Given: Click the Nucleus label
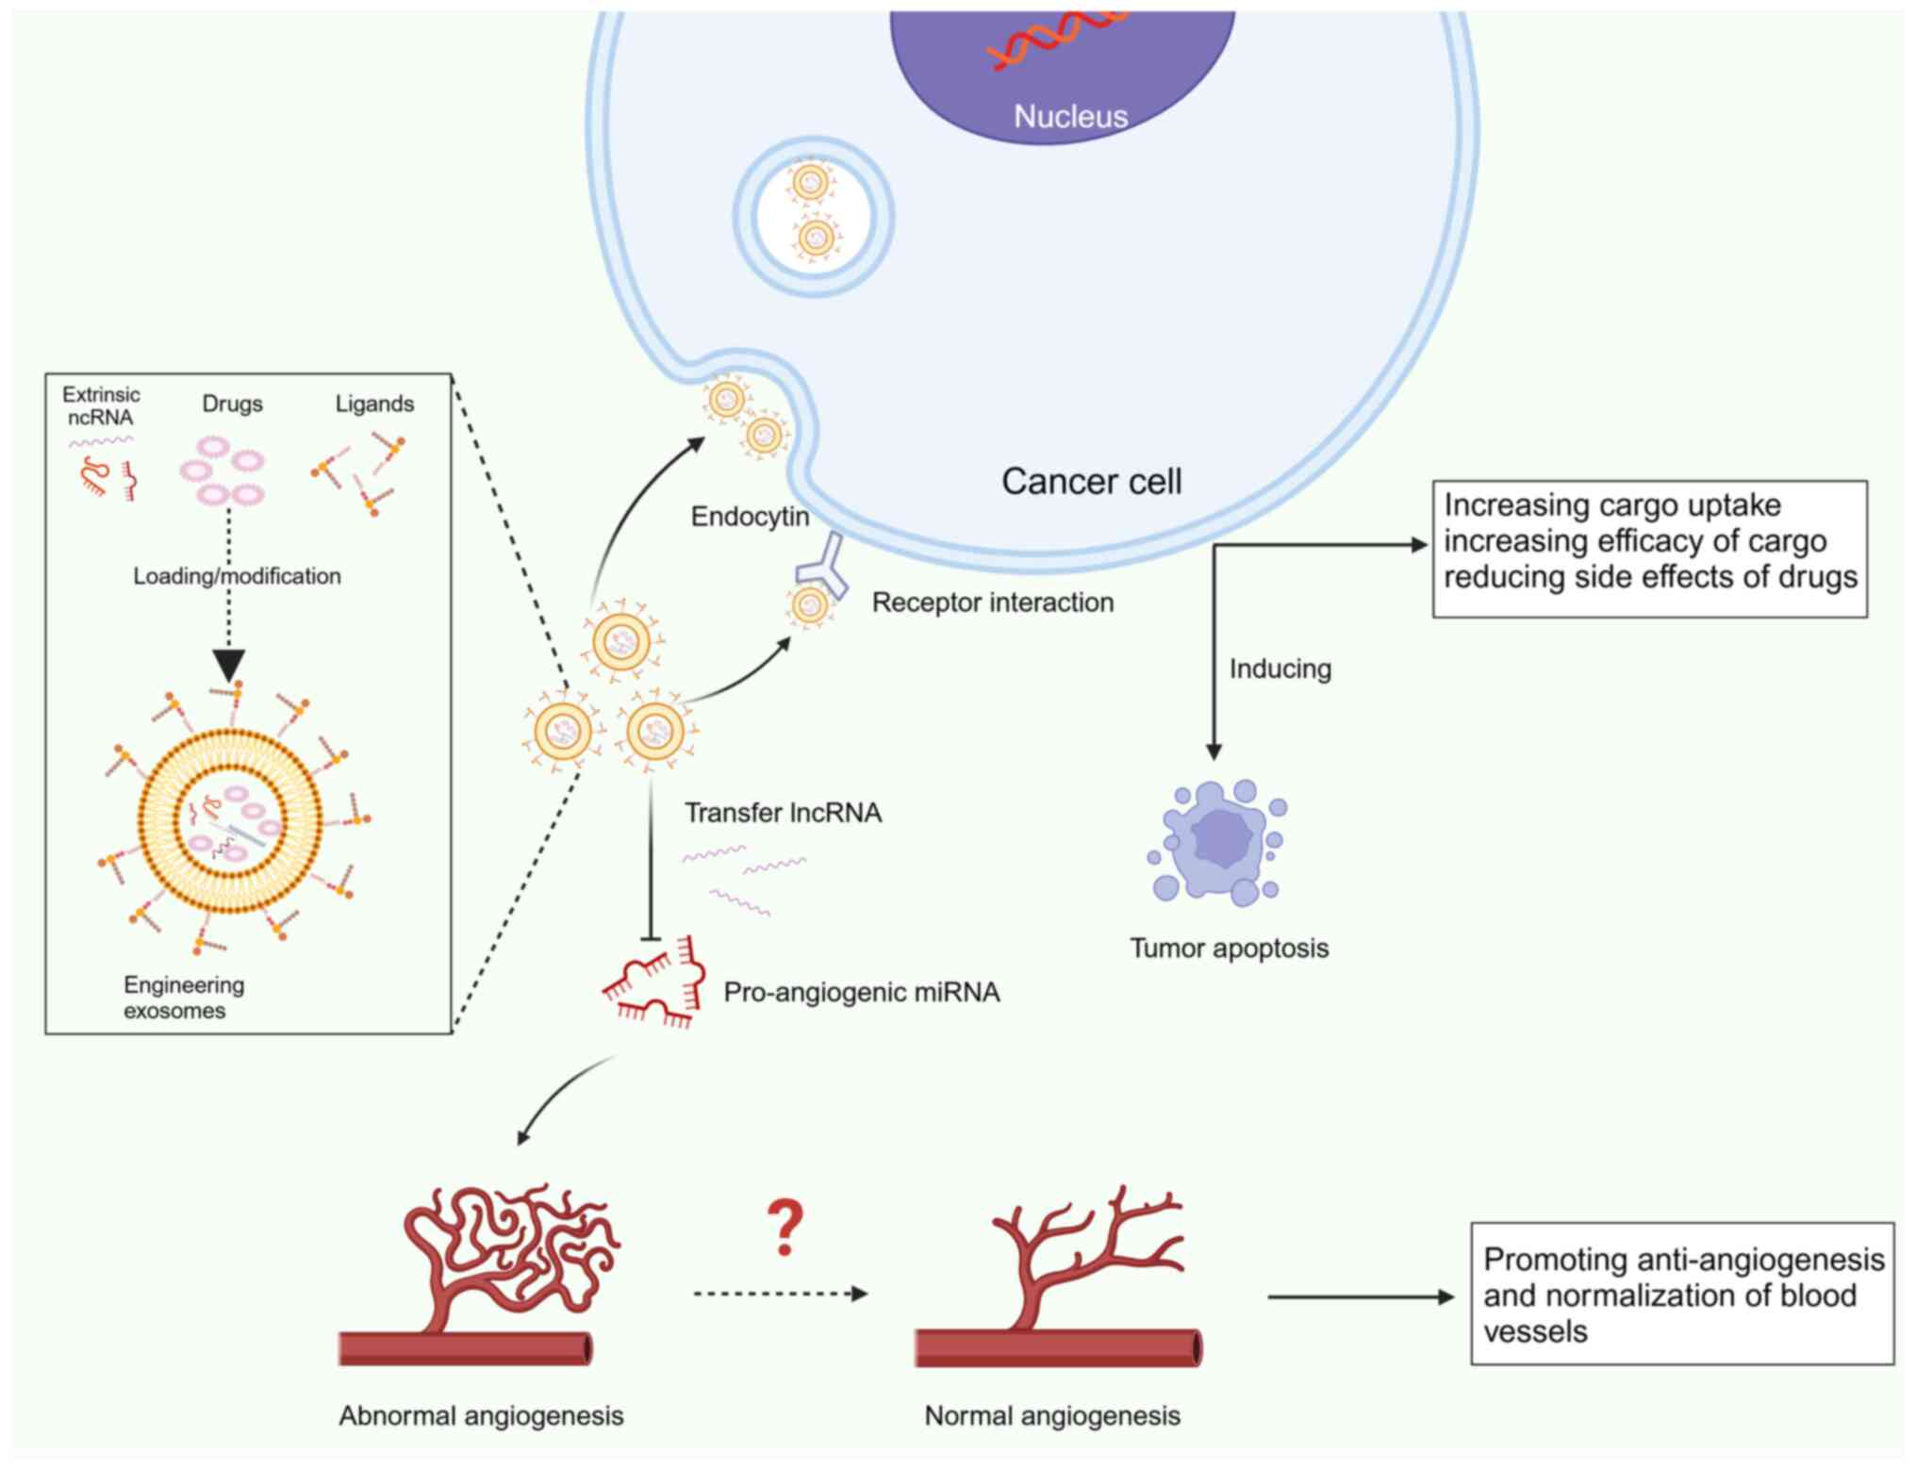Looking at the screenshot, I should pyautogui.click(x=1070, y=116).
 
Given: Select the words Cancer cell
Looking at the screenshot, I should pyautogui.click(x=1091, y=481).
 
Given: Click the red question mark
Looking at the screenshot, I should pyautogui.click(x=785, y=1228).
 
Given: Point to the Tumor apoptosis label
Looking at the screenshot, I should pyautogui.click(x=1229, y=948).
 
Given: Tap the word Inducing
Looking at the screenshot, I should pyautogui.click(x=1280, y=668).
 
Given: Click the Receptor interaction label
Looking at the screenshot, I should pyautogui.click(x=992, y=602).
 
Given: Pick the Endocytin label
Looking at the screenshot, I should pyautogui.click(x=750, y=517).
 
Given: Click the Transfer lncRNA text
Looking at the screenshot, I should pyautogui.click(x=783, y=813).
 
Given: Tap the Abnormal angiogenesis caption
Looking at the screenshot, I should pyautogui.click(x=481, y=1415).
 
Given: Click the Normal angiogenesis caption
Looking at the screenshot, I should pyautogui.click(x=1051, y=1415).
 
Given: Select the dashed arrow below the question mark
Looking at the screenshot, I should pyautogui.click(x=779, y=1294).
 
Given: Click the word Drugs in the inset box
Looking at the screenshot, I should pyautogui.click(x=232, y=404).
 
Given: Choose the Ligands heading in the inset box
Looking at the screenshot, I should pyautogui.click(x=374, y=404).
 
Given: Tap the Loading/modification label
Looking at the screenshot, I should pyautogui.click(x=237, y=576).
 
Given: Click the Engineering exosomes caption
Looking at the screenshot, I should pyautogui.click(x=184, y=998).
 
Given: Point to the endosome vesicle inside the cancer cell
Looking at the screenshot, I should pyautogui.click(x=813, y=216).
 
